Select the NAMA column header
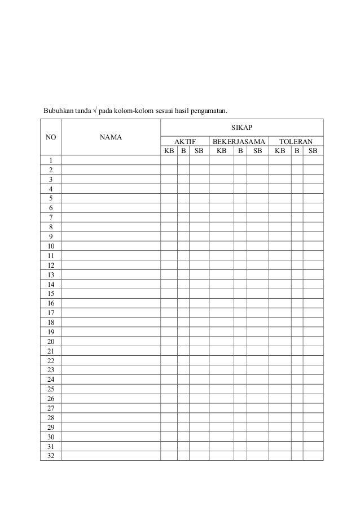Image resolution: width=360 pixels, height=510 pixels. coord(111,137)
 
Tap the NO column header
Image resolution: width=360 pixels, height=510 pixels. coord(51,137)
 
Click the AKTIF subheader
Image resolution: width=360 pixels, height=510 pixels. coord(185,142)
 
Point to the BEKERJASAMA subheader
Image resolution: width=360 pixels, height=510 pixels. coord(238,142)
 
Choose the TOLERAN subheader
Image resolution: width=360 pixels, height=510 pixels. coord(296,142)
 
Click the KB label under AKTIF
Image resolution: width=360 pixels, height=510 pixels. coord(169,151)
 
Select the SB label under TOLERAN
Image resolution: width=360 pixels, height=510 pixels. coord(313,151)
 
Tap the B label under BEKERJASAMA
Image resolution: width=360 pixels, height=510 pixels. coord(240,151)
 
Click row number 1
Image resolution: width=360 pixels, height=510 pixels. coord(51,160)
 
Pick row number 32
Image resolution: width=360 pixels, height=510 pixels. coord(51,456)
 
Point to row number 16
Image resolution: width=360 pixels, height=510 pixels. coord(51,303)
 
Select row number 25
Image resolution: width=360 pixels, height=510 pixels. coord(51,389)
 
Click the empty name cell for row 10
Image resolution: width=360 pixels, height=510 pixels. coord(111,246)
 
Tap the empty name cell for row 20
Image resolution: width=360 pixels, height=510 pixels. coord(111,342)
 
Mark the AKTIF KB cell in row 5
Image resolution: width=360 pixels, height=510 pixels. coord(169,198)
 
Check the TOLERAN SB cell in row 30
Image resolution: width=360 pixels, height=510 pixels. coord(313,437)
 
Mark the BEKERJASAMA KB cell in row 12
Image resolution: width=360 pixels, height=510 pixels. coord(221,265)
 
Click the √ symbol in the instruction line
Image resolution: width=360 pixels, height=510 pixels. coord(95,110)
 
